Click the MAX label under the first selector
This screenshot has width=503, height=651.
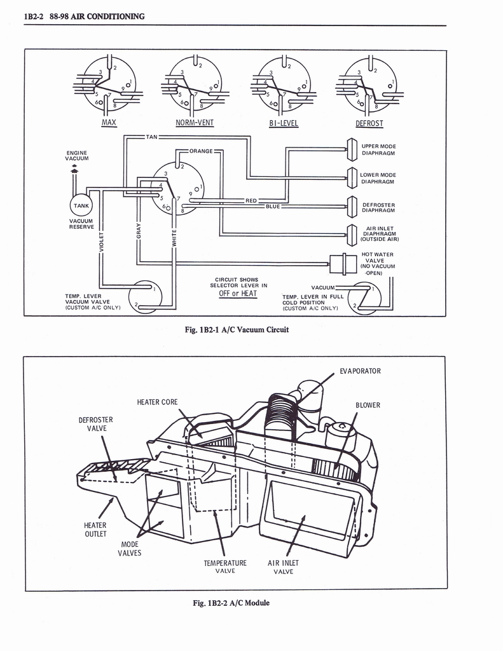click(x=109, y=122)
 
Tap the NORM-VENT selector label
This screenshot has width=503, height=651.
click(x=195, y=123)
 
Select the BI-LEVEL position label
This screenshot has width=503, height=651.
click(x=283, y=123)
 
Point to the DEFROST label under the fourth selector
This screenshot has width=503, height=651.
click(x=369, y=123)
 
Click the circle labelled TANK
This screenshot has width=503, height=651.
click(x=81, y=206)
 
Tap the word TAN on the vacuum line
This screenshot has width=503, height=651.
click(x=151, y=137)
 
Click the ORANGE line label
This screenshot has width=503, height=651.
click(x=201, y=151)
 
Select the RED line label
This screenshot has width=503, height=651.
click(x=251, y=200)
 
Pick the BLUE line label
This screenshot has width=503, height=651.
click(x=273, y=207)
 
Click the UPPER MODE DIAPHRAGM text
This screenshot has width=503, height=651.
click(x=378, y=150)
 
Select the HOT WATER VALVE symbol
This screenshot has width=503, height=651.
click(x=343, y=261)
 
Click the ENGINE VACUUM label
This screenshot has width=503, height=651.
click(x=76, y=156)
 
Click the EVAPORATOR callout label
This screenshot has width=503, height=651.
click(x=360, y=371)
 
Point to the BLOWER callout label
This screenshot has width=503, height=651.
click(x=368, y=405)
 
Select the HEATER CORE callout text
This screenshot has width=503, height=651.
click(x=157, y=402)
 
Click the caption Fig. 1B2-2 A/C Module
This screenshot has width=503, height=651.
click(x=235, y=603)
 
